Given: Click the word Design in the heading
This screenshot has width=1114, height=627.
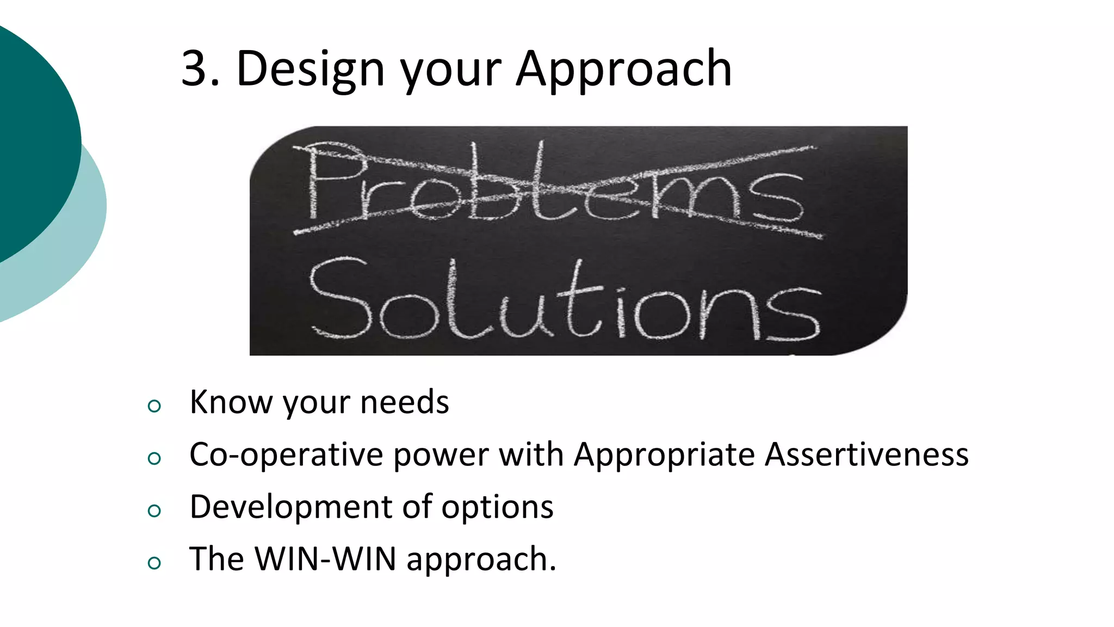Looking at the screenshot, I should (311, 70).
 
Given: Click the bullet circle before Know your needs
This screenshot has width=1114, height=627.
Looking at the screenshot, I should (154, 405).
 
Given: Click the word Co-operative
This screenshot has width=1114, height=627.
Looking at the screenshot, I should (286, 455).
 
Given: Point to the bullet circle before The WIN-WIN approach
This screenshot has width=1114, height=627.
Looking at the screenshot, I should (154, 563).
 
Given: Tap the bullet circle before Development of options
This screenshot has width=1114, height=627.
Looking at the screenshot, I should (154, 511).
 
